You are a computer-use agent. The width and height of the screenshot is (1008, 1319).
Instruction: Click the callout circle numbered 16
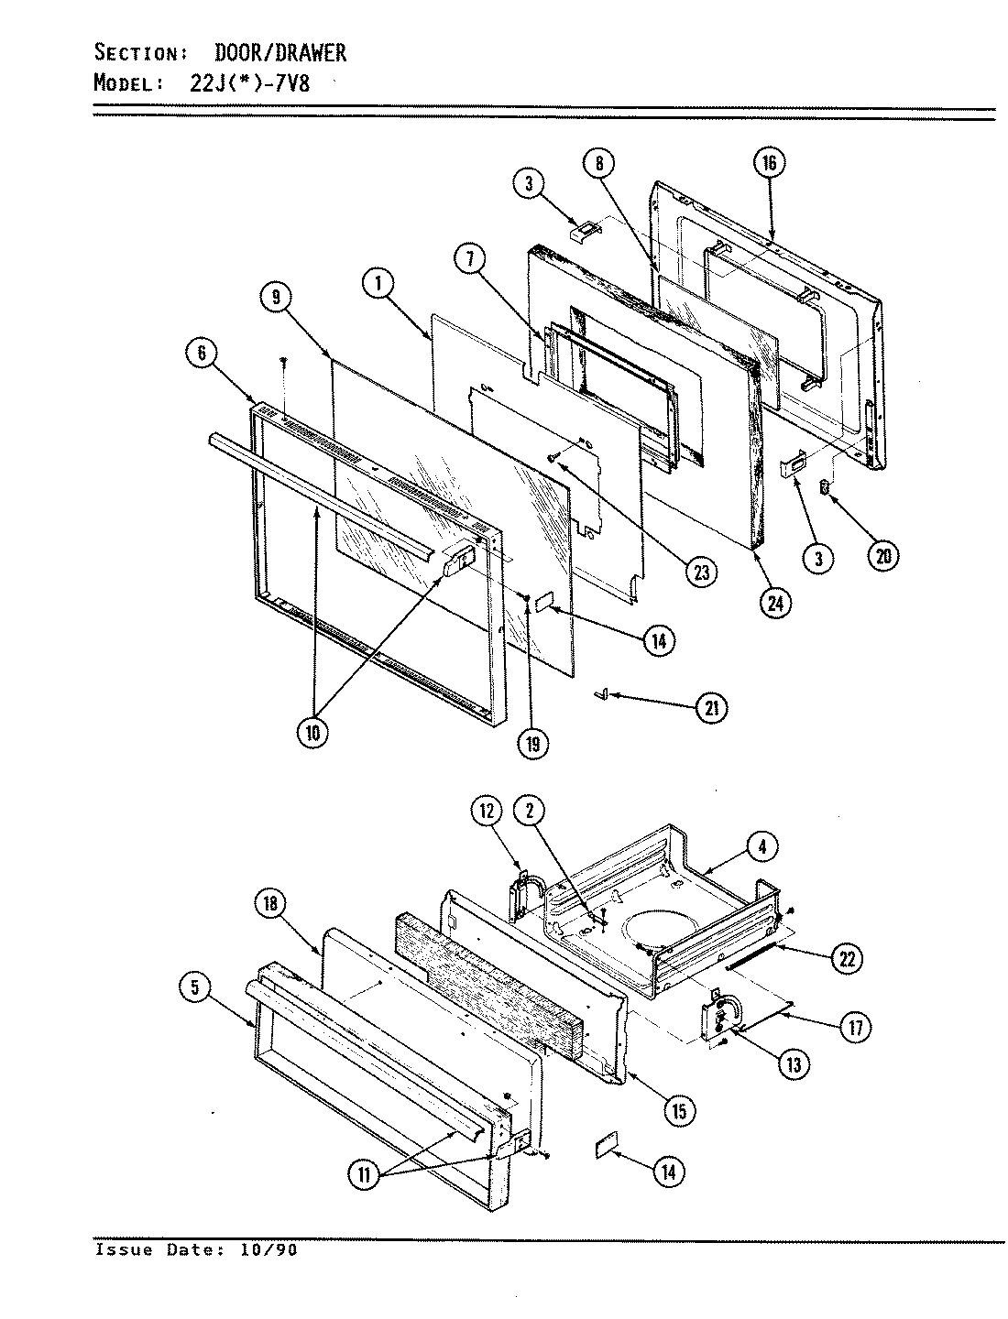point(768,164)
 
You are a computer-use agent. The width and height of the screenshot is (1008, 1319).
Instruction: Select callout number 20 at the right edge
point(882,556)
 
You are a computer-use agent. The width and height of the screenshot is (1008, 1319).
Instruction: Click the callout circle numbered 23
point(702,570)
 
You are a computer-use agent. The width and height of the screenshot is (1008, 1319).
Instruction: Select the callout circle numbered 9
point(275,297)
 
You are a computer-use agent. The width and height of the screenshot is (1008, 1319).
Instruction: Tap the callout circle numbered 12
point(488,810)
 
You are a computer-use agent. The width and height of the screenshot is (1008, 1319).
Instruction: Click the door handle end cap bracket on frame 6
point(460,558)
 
